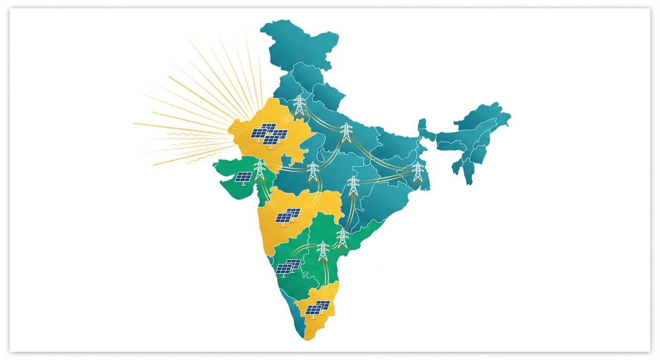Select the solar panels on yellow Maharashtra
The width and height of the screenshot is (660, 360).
[287, 217]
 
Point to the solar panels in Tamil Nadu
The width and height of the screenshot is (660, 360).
[317, 307]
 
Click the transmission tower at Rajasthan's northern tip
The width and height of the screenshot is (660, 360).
[299, 105]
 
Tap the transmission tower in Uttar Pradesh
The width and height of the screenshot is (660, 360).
[346, 132]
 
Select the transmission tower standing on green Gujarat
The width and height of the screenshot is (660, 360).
[259, 170]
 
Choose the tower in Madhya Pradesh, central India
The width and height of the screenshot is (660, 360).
[313, 172]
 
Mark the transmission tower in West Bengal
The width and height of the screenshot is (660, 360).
[417, 172]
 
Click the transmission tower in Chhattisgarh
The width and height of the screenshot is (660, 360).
[353, 186]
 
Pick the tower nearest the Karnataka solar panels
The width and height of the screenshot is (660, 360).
[322, 251]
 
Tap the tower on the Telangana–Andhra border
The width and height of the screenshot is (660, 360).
[343, 238]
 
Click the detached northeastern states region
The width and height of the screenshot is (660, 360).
[473, 136]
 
